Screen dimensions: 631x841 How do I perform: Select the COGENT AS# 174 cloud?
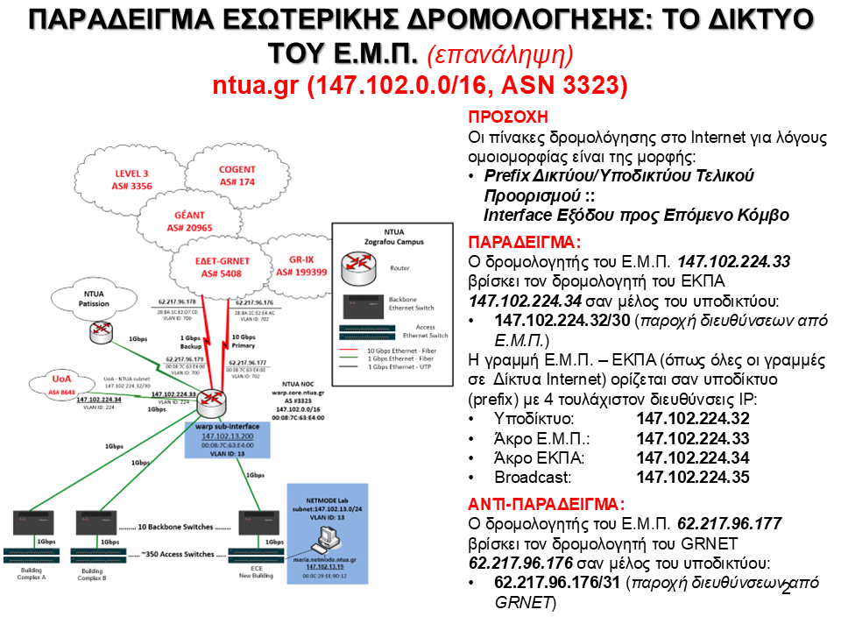pos(237,175)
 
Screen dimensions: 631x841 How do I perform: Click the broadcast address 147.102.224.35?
pos(693,478)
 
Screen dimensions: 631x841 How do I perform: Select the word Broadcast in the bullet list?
pos(533,478)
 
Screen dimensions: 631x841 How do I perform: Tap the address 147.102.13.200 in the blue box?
pos(227,436)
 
